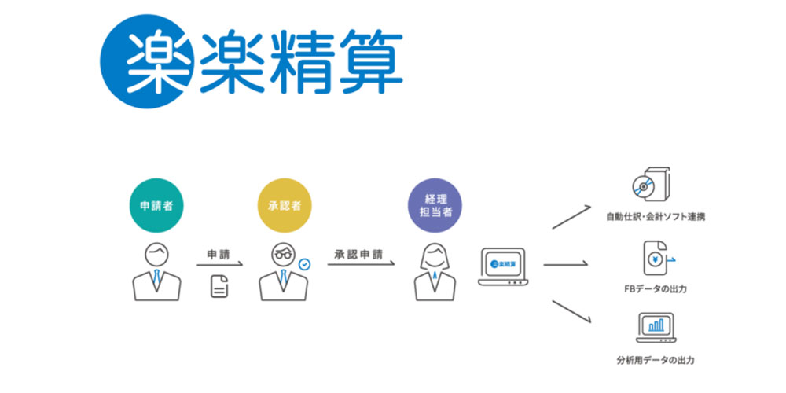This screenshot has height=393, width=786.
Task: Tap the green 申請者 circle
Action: click(x=156, y=205)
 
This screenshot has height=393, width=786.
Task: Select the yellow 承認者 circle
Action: click(x=285, y=205)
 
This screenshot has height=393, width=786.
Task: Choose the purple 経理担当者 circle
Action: click(x=435, y=205)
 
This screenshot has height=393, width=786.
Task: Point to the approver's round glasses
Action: click(x=284, y=254)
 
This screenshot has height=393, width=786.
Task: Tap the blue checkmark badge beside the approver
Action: click(x=303, y=263)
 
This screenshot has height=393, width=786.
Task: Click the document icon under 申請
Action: click(x=219, y=286)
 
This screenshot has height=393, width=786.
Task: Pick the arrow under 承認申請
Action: click(x=361, y=264)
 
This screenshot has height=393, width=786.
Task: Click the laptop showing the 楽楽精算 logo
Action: click(x=503, y=266)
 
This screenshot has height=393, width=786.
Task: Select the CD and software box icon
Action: click(x=651, y=184)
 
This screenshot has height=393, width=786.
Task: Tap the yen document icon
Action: click(x=656, y=259)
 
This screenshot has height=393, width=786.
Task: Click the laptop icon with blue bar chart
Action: click(x=656, y=328)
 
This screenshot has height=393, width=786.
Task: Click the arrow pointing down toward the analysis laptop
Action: click(x=572, y=311)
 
